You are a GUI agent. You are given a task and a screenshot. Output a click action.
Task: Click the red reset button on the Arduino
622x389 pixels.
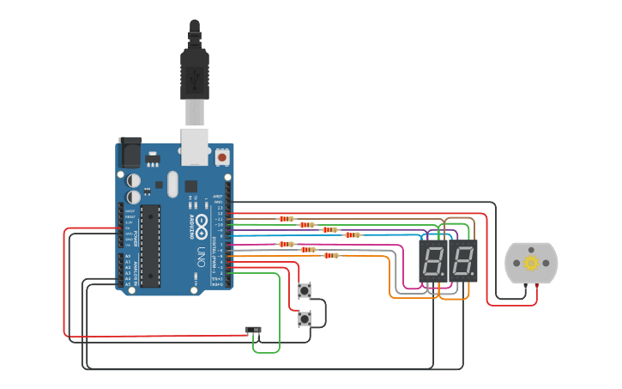222,157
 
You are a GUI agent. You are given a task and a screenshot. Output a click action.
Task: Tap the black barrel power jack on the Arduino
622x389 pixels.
130,153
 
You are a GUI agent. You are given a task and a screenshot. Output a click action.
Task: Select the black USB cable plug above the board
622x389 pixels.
195,73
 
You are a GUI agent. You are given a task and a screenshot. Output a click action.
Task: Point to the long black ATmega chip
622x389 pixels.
150,245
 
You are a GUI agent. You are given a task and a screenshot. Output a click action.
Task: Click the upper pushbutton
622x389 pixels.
304,291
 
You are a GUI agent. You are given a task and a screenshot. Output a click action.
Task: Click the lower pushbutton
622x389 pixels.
304,319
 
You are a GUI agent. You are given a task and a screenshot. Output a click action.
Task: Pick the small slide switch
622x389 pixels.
253,330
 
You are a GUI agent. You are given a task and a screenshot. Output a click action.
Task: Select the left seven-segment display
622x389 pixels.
432,260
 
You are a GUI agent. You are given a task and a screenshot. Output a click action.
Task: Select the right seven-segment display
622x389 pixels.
463,260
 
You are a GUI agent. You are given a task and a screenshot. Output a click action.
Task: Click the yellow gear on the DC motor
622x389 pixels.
531,263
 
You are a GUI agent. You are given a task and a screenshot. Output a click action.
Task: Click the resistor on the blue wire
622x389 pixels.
352,234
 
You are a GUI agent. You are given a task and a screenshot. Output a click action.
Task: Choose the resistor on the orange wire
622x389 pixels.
330,255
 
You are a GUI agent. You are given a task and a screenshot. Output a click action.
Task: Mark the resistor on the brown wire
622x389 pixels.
286,219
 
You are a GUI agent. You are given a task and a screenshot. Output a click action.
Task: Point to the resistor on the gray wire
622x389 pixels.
307,250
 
